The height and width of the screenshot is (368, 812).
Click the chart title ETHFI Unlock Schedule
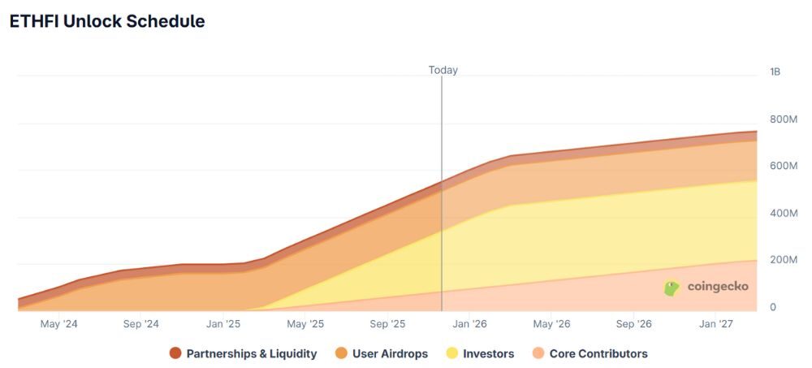point(107,22)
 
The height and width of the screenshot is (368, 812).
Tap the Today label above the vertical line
point(443,70)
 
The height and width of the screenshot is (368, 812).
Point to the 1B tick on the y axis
point(775,72)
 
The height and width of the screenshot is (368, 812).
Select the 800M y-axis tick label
point(784,119)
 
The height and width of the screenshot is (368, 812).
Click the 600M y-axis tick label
point(784,166)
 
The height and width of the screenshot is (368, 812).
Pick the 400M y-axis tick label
point(784,213)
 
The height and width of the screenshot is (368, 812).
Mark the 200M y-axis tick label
point(784,260)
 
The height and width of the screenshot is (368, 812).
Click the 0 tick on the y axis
point(773,307)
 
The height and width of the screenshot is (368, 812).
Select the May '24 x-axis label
point(59,324)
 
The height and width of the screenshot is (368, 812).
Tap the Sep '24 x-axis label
point(141,324)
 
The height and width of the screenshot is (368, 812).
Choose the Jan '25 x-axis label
point(223,324)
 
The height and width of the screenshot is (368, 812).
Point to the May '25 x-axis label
point(306,324)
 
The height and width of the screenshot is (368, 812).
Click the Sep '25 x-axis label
point(388,324)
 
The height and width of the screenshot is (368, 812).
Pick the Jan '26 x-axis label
point(470,324)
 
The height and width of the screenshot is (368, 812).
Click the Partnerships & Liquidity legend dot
point(175,353)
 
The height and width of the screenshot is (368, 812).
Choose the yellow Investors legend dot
point(451,353)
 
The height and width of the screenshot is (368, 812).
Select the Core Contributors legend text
point(598,353)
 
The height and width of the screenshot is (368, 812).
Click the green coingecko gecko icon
point(672,288)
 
